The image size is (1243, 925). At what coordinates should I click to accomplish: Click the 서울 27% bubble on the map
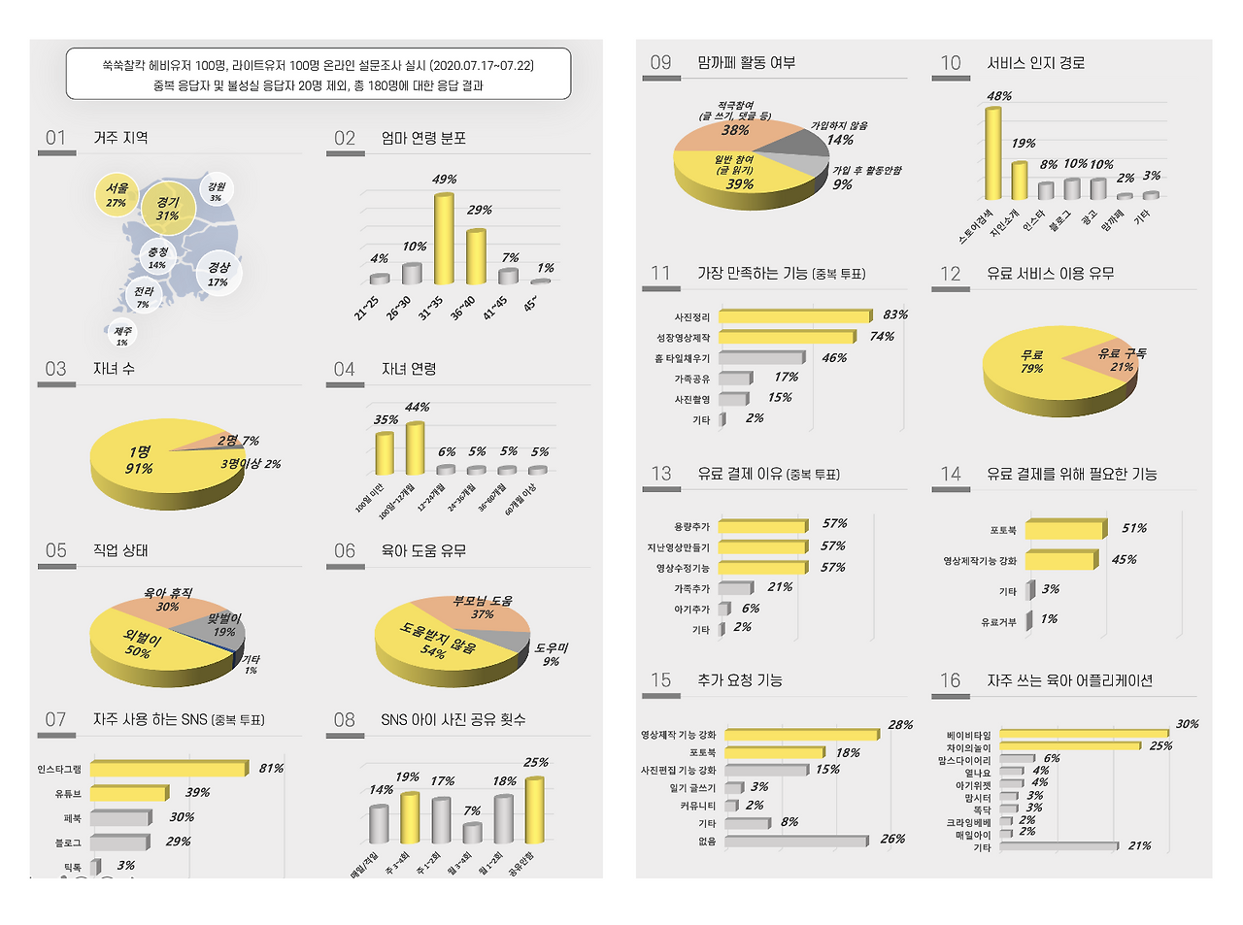click(x=117, y=194)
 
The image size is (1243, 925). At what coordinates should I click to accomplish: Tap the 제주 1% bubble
click(x=122, y=335)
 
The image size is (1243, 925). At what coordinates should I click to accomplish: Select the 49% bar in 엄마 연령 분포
click(x=444, y=238)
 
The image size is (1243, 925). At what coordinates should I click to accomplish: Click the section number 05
click(x=56, y=551)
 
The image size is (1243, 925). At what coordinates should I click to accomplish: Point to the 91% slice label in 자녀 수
click(x=139, y=461)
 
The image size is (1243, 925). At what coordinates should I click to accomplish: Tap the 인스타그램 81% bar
click(x=167, y=769)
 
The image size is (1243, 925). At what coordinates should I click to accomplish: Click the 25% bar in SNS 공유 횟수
click(x=534, y=809)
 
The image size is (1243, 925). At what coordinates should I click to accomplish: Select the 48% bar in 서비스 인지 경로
click(x=992, y=152)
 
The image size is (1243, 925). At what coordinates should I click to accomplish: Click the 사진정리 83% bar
click(x=794, y=316)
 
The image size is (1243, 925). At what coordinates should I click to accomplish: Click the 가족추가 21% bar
click(x=735, y=588)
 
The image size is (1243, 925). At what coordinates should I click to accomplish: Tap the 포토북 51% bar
click(x=1064, y=529)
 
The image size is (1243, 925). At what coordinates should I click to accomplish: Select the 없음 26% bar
click(x=795, y=842)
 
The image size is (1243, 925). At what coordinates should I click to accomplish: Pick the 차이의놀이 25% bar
click(x=1069, y=746)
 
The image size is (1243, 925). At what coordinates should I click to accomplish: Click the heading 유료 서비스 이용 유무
click(x=1050, y=274)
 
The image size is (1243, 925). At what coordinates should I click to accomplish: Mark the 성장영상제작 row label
click(x=684, y=338)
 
